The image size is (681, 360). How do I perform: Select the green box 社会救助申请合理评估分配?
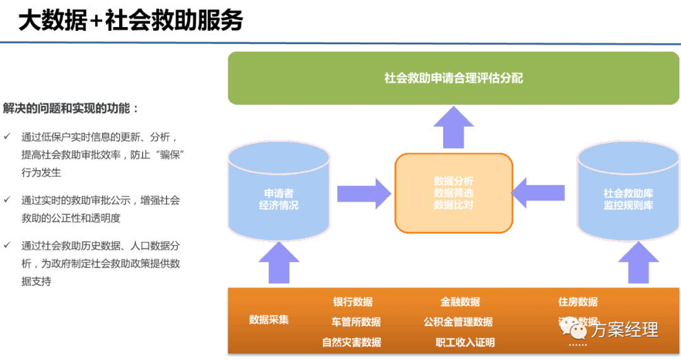(453, 78)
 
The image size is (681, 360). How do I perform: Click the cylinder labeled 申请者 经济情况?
(279, 195)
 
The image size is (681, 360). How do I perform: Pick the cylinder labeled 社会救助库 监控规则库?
(628, 195)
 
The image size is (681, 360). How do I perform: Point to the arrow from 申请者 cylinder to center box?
(364, 194)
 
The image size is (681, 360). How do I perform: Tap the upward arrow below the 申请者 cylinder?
(279, 262)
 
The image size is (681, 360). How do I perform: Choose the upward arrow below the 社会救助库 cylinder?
(638, 262)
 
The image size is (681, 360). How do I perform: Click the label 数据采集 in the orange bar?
(269, 319)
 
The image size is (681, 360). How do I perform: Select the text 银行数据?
(352, 302)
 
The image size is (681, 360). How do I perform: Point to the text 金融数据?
(460, 302)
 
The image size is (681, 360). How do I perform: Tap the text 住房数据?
(578, 302)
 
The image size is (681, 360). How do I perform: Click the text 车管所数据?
(356, 322)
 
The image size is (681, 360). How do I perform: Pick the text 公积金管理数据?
(458, 322)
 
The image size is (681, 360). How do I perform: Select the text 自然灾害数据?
(351, 342)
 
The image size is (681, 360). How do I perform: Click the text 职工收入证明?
(465, 342)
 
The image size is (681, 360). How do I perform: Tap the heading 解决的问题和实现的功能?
(71, 108)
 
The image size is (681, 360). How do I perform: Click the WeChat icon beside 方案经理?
(574, 330)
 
